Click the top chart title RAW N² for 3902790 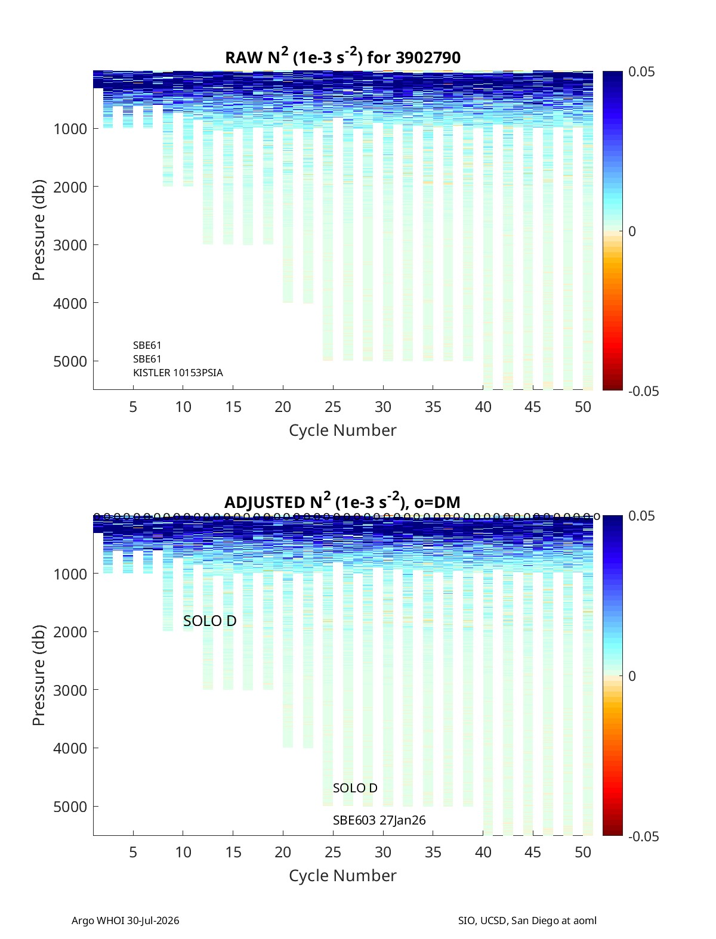point(342,57)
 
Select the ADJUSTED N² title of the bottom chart point(342,501)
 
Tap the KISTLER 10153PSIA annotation point(178,373)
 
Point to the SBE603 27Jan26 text point(379,820)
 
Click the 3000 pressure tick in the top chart point(70,245)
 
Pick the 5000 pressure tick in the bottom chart point(70,807)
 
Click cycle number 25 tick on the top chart point(332,407)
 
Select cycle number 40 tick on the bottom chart point(483,852)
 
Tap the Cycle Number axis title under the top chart point(342,430)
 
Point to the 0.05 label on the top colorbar point(641,72)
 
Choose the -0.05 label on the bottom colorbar point(643,836)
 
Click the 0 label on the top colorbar point(632,231)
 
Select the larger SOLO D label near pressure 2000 point(209,621)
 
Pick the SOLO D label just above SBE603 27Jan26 point(355,788)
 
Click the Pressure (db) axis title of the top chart point(39,230)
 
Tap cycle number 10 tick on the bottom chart point(183,852)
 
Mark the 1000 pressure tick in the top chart point(70,129)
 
